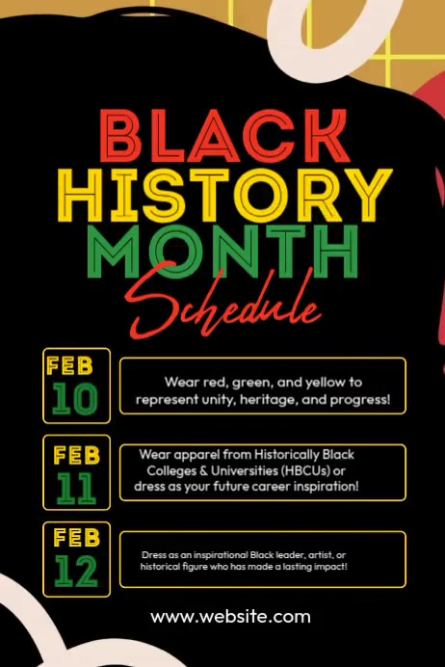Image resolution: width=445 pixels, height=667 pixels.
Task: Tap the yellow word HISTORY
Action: pos(223,195)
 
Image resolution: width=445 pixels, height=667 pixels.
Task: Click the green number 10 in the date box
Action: pos(76,399)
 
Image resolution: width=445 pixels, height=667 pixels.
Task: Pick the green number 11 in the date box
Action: pos(76,488)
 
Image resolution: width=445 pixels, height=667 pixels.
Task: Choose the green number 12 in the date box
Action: pos(76,572)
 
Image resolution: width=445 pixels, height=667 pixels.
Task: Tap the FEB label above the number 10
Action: pos(69,365)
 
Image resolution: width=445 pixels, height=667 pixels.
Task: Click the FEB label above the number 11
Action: pos(76,454)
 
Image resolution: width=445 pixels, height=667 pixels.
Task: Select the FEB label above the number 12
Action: pos(76,538)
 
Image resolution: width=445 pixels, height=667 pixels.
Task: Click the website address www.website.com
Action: pos(230,617)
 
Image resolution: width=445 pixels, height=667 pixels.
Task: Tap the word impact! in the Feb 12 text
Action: pos(327,567)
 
